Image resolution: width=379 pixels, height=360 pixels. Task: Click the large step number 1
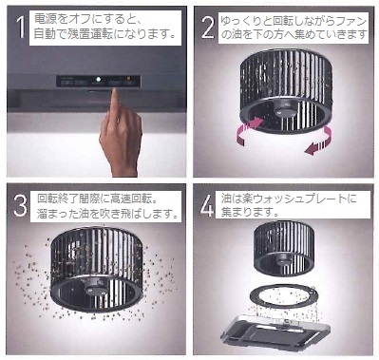[21, 27]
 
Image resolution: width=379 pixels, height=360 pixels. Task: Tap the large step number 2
[208, 27]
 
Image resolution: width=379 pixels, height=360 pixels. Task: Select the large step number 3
[20, 205]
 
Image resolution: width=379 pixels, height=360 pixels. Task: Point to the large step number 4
[207, 205]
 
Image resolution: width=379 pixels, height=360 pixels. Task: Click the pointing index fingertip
[115, 91]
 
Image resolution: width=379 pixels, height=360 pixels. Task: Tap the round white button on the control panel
[99, 80]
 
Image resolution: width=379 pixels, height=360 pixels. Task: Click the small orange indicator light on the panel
[128, 78]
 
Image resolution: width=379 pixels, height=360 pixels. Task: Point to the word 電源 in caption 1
[44, 19]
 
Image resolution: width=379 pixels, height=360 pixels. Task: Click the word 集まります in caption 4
[250, 212]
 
